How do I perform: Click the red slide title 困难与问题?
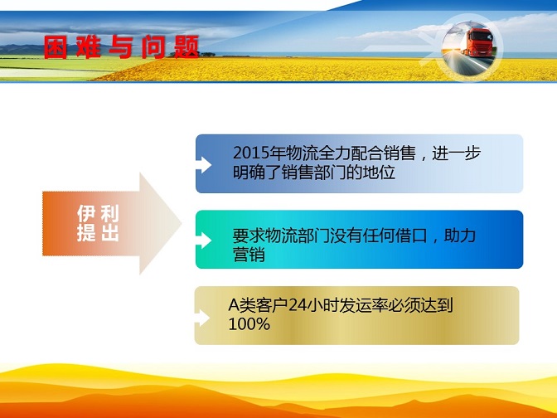pyautogui.click(x=122, y=46)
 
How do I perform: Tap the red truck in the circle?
pyautogui.click(x=477, y=42)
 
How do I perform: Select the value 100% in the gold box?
pyautogui.click(x=249, y=323)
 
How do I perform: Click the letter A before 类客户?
pyautogui.click(x=234, y=305)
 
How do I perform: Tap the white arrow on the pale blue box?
pyautogui.click(x=204, y=165)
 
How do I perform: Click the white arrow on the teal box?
pyautogui.click(x=204, y=241)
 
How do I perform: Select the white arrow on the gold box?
pyautogui.click(x=202, y=318)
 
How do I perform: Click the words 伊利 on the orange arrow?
pyautogui.click(x=98, y=213)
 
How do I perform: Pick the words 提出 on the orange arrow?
pyautogui.click(x=98, y=233)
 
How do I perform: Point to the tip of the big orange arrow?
pyautogui.click(x=182, y=224)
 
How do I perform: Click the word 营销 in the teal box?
pyautogui.click(x=249, y=255)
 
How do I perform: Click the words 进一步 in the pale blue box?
pyautogui.click(x=457, y=153)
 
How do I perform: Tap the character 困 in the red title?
pyautogui.click(x=56, y=47)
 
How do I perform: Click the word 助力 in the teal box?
pyautogui.click(x=460, y=236)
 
